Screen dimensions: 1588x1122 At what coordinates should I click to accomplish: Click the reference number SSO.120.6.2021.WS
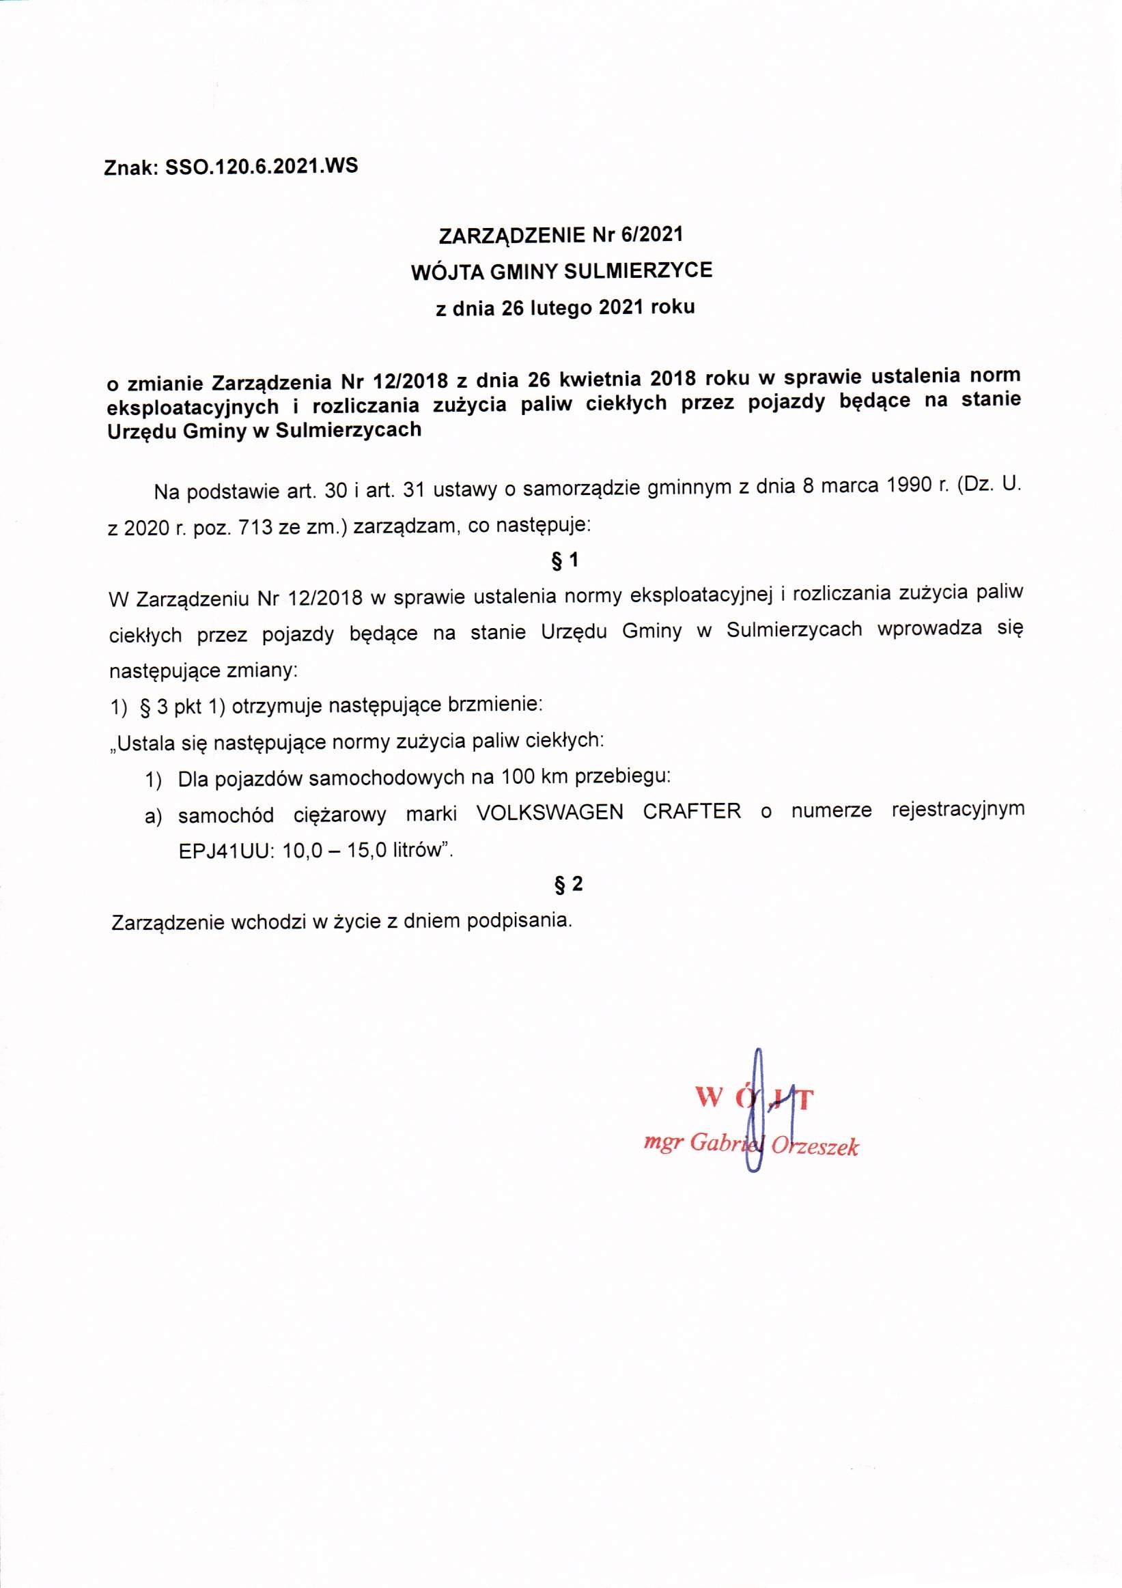click(262, 167)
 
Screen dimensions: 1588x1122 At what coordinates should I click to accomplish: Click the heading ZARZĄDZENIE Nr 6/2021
click(561, 235)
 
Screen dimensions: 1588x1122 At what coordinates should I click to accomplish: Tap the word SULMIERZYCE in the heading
click(638, 270)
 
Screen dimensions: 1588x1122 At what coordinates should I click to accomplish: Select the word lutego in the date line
click(561, 308)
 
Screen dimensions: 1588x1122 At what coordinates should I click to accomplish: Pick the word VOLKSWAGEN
click(549, 812)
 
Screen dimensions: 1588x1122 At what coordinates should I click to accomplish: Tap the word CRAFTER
click(692, 811)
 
